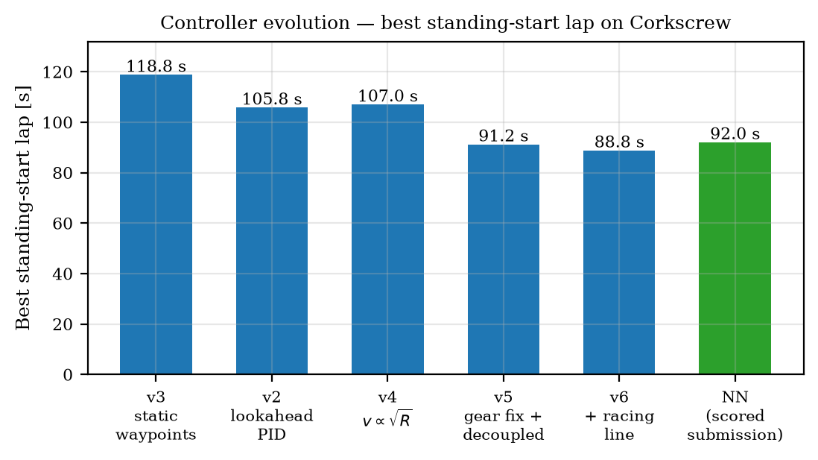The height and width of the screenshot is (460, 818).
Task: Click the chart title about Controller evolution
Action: click(445, 23)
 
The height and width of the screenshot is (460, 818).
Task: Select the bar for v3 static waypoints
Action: click(156, 224)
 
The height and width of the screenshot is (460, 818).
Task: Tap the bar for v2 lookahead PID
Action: click(272, 241)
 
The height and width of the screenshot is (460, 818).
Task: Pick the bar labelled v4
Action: click(387, 239)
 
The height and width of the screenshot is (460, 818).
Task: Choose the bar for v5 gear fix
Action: click(504, 259)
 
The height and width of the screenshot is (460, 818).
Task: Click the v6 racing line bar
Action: click(619, 262)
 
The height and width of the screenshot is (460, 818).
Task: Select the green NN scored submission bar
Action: click(735, 259)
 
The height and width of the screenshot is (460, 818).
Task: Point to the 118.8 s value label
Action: click(156, 66)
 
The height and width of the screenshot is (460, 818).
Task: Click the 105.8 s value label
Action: click(272, 99)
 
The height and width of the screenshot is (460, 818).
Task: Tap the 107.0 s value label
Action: click(387, 96)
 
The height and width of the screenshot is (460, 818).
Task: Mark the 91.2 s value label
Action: click(504, 136)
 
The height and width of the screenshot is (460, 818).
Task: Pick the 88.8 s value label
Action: click(619, 142)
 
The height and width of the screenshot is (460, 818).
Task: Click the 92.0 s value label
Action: click(735, 134)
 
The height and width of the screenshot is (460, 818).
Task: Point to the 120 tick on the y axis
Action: click(62, 72)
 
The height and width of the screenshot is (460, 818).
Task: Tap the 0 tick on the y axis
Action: click(69, 375)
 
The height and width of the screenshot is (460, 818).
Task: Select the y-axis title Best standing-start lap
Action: click(23, 208)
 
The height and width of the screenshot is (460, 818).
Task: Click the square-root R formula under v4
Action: click(387, 419)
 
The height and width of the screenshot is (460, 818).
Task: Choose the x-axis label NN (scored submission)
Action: click(735, 416)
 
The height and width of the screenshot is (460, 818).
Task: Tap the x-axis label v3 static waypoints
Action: click(156, 416)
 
